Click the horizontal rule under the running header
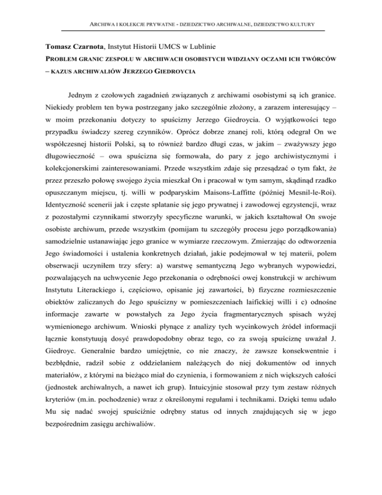coord(191,31)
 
